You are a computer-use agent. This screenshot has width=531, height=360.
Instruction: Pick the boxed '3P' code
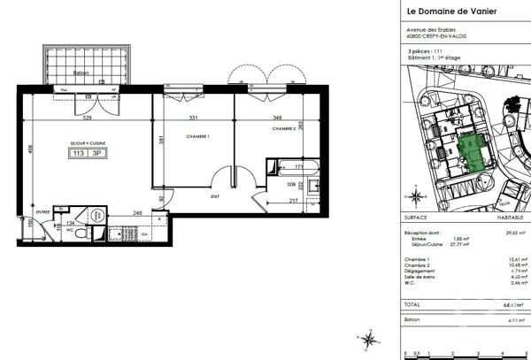click(96, 153)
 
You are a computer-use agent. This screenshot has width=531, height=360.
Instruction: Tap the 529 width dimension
click(88, 118)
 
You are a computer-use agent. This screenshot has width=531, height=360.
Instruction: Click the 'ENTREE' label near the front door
click(42, 212)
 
